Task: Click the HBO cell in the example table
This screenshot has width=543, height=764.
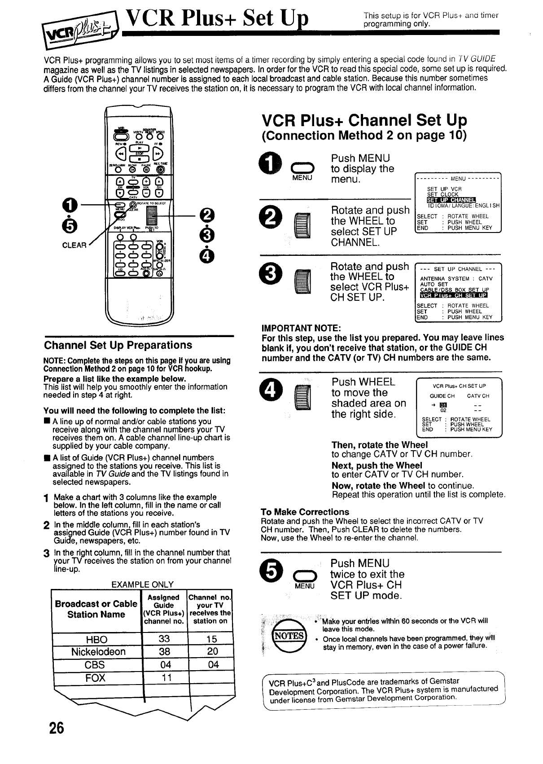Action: tap(96, 639)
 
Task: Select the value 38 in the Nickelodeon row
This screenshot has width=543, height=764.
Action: tap(164, 651)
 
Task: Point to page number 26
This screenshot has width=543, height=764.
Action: tap(57, 728)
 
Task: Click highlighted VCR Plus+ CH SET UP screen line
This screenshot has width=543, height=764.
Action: tap(453, 295)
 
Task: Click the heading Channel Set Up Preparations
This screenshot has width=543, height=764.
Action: tap(118, 345)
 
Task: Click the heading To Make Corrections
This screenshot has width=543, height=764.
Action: tap(305, 512)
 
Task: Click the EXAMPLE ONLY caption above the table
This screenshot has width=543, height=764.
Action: tap(142, 584)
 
